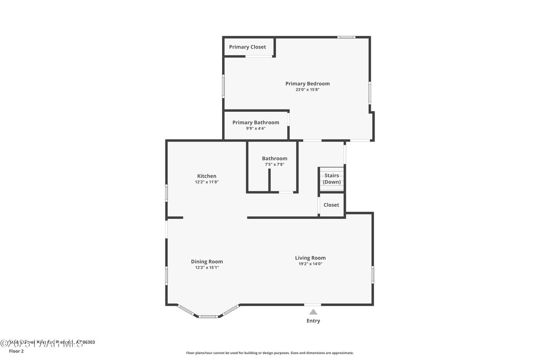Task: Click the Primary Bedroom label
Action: point(307,83)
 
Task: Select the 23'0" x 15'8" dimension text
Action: point(307,90)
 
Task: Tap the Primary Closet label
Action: point(247,47)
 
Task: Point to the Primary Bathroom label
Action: point(256,122)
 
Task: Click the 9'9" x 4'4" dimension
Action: point(256,129)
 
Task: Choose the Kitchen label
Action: point(207,176)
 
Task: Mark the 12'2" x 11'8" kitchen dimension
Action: point(207,182)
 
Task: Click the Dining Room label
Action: point(207,261)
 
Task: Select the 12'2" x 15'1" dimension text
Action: point(207,268)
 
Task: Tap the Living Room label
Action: point(310,258)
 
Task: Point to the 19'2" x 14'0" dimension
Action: point(310,264)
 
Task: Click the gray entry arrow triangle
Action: point(313,312)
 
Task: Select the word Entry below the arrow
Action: point(313,321)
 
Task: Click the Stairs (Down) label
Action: point(332,179)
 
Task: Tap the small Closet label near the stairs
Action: point(331,205)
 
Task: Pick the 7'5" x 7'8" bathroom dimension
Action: point(275,164)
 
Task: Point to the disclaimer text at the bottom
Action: point(269,353)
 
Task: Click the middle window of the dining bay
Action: point(208,316)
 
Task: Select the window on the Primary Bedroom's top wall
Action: point(346,37)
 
